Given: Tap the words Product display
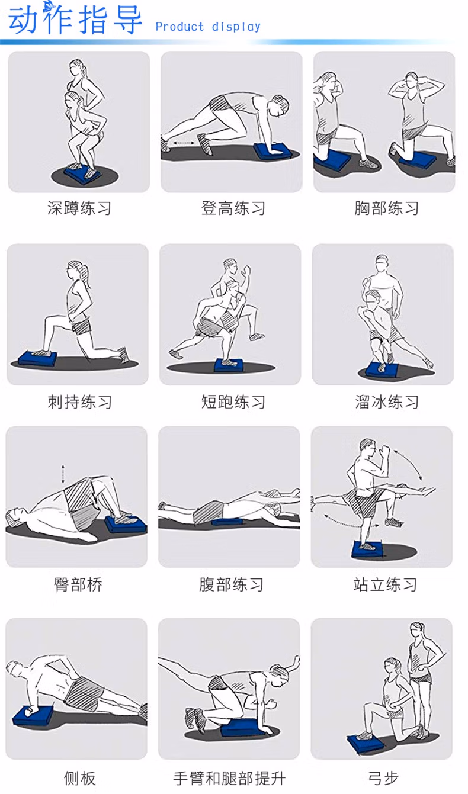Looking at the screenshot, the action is click(208, 27).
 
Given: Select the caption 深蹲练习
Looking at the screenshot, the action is click(79, 208).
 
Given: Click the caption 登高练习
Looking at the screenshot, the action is click(233, 208).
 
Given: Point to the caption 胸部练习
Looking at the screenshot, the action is click(386, 208).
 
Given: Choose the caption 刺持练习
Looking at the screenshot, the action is click(79, 402).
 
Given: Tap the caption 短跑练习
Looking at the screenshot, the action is click(233, 402).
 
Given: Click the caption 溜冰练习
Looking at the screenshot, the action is click(387, 402).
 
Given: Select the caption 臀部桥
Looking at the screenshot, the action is click(78, 584).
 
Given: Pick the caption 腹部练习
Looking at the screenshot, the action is click(231, 584).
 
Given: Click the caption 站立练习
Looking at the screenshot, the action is click(385, 584).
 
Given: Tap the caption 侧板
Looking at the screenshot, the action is click(79, 779).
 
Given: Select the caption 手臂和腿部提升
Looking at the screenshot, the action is click(229, 779).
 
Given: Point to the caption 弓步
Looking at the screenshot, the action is click(383, 779).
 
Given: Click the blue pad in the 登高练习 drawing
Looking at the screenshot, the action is click(273, 152).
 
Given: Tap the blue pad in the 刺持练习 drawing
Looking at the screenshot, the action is click(37, 358).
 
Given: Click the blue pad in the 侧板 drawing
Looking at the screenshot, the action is click(33, 716).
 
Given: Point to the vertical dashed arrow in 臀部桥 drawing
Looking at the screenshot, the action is click(63, 474).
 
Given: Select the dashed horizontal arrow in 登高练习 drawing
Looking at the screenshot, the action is click(184, 143).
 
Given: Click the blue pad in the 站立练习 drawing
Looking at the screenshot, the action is click(367, 549).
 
